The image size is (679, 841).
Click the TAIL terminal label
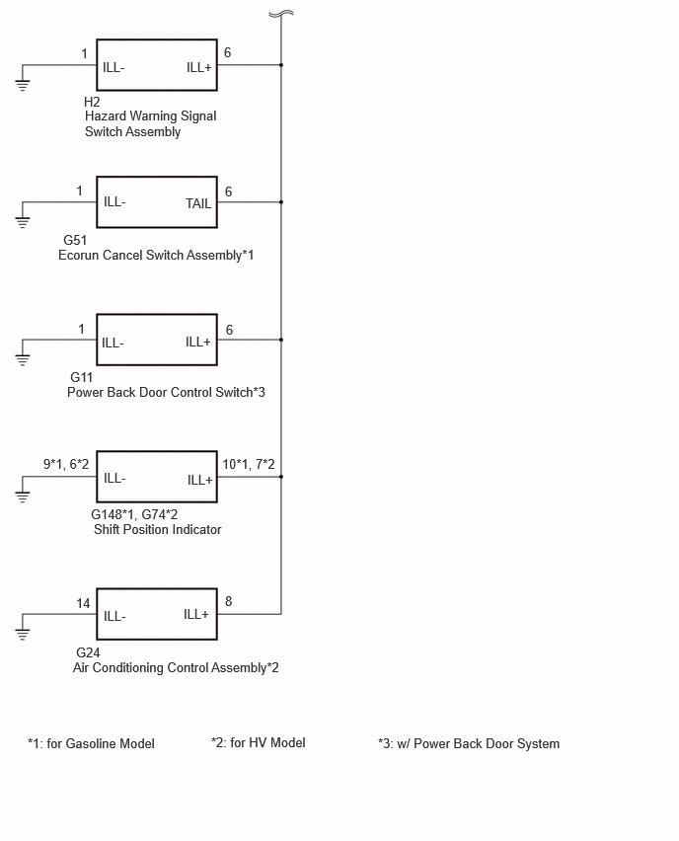point(198,203)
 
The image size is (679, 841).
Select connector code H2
point(92,102)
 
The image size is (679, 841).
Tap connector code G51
point(75,240)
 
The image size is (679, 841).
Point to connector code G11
point(82,378)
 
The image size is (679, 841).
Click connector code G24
point(88,652)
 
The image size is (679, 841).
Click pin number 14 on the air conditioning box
point(83,603)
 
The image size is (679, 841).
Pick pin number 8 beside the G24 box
point(229,601)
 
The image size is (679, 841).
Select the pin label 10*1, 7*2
point(249,464)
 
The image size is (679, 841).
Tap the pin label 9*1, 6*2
point(66,464)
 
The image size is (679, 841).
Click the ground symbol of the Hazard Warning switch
point(23,84)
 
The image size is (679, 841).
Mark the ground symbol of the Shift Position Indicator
point(23,497)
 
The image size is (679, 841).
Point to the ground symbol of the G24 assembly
point(23,634)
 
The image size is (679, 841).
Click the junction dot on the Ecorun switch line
point(281,202)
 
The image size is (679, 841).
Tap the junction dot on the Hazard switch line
point(281,65)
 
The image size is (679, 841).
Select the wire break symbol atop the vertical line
point(281,14)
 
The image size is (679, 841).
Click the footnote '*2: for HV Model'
point(259,743)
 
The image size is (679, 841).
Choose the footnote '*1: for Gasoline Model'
point(91,744)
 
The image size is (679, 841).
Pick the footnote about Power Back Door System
point(469,744)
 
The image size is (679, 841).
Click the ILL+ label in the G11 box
point(198,343)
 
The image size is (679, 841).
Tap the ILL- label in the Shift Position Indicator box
point(114,478)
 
